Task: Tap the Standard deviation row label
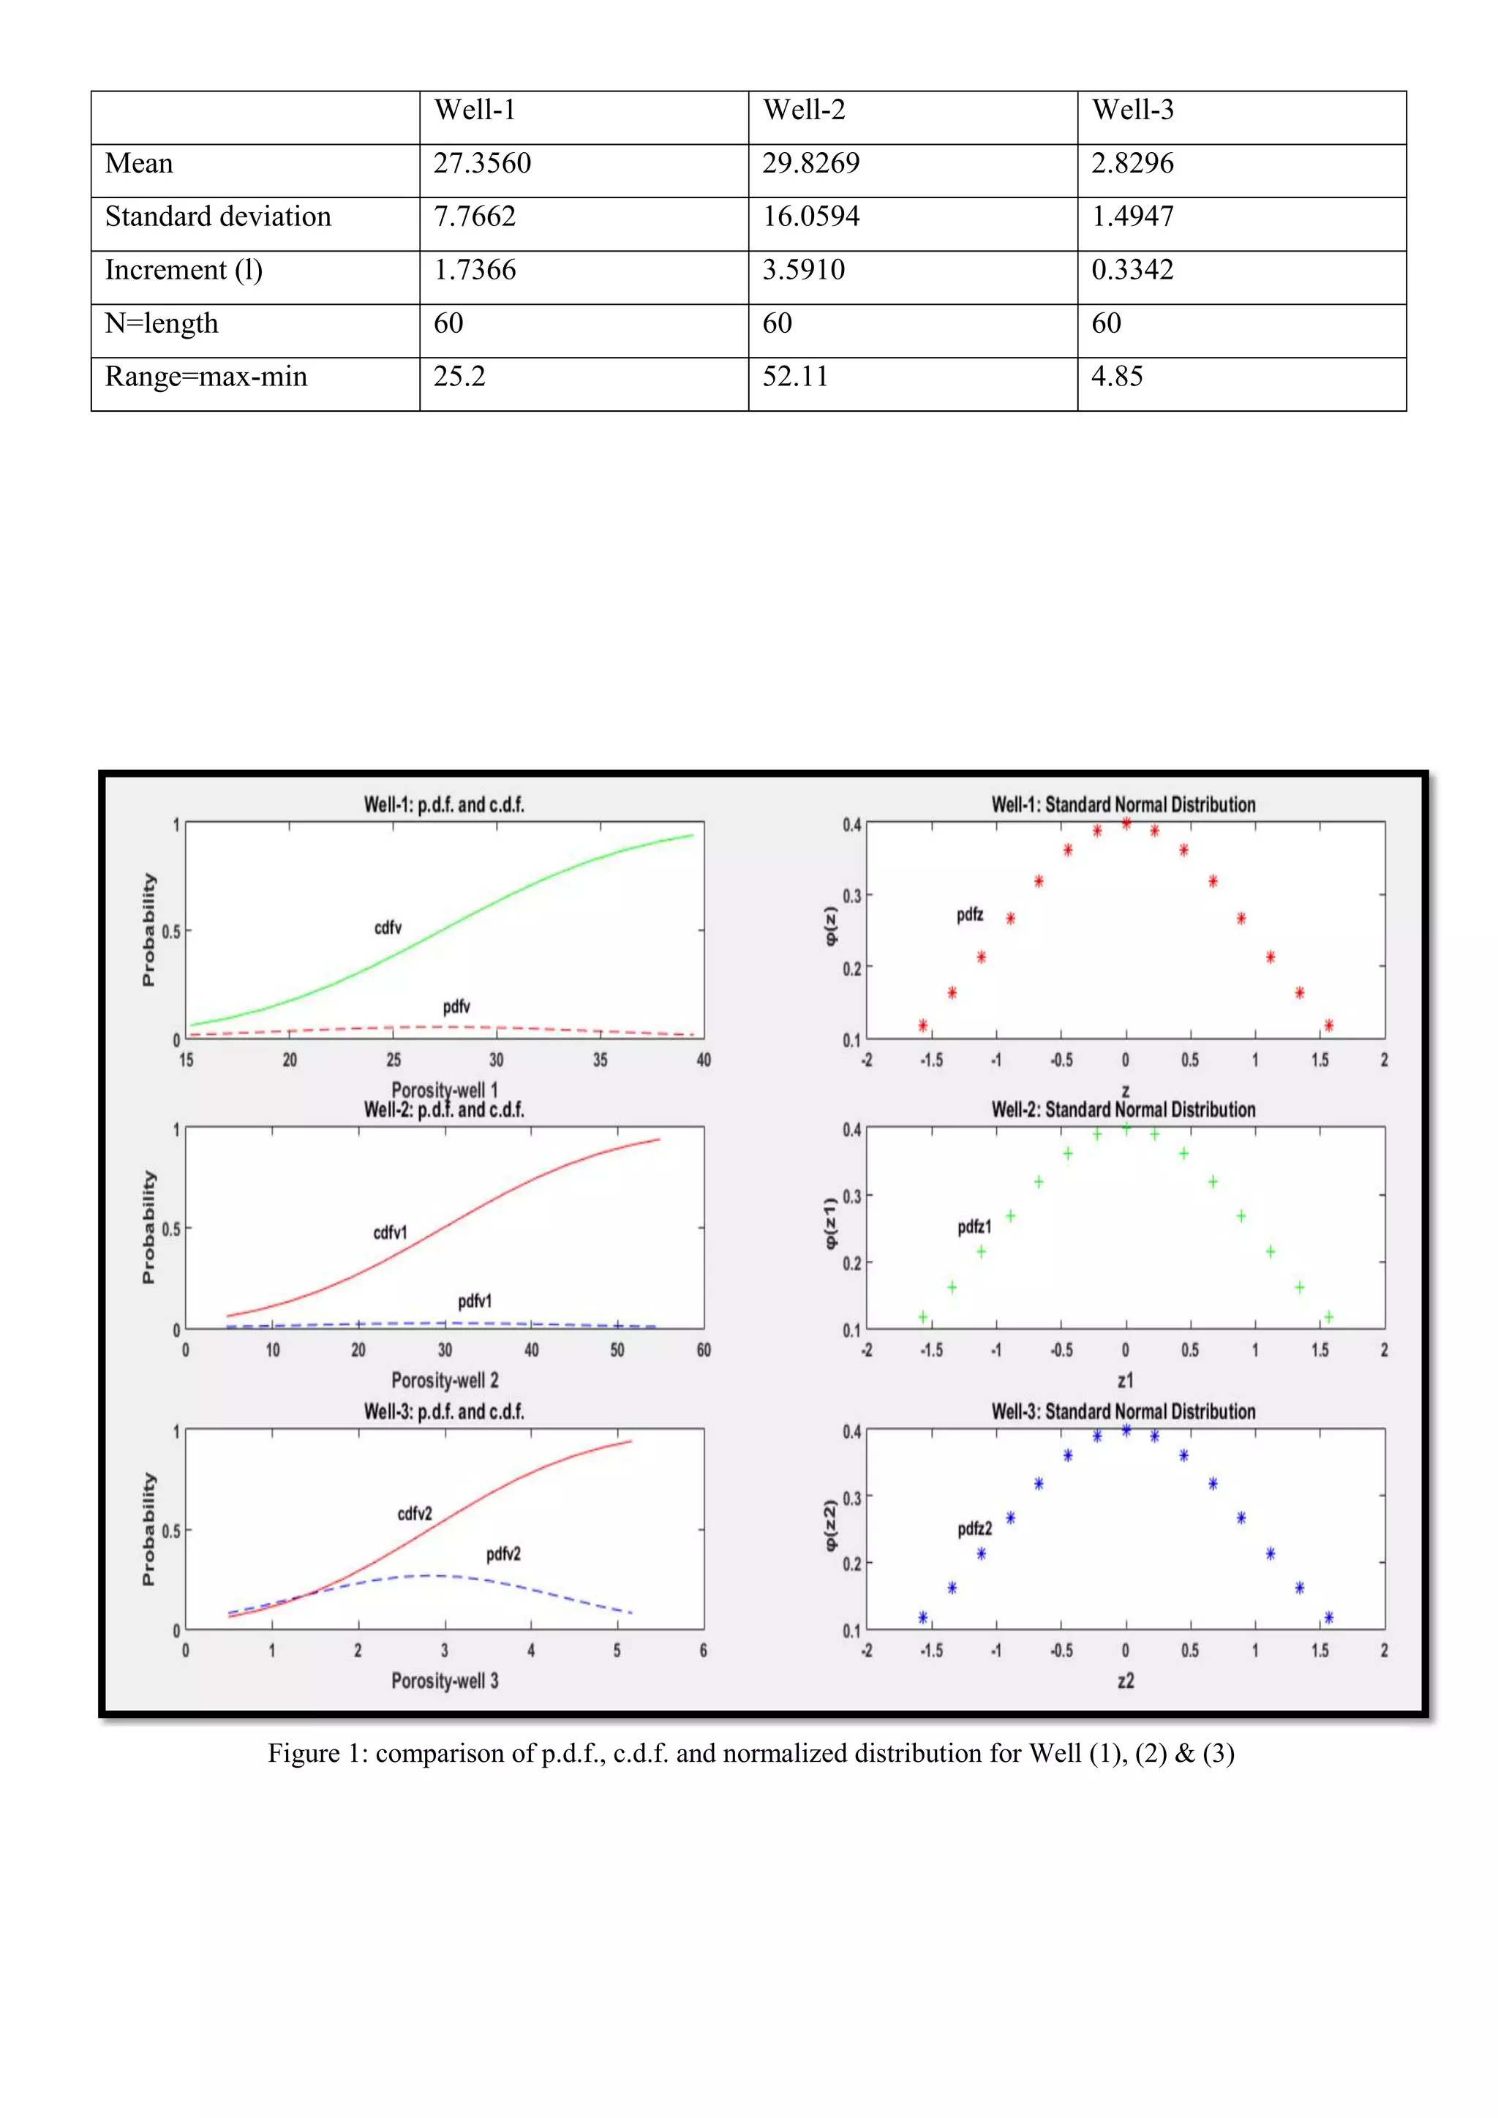click(218, 216)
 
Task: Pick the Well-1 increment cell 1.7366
click(474, 271)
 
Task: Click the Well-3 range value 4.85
click(1116, 377)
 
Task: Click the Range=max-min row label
click(206, 377)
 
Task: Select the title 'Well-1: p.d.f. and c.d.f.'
click(444, 804)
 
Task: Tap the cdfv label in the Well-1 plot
click(388, 927)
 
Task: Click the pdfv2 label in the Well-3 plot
click(503, 1553)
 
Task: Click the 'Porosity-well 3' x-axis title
click(445, 1680)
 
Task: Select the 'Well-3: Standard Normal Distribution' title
click(1123, 1412)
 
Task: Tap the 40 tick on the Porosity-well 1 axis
click(704, 1060)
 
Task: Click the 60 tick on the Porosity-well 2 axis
click(704, 1349)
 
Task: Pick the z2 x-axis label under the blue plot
click(1126, 1680)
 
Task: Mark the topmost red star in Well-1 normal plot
click(1126, 823)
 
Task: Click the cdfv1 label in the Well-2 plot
click(389, 1232)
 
